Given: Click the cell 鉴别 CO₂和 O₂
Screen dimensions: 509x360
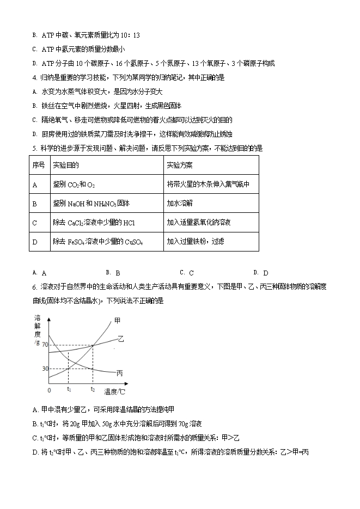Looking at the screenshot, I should click(x=74, y=185).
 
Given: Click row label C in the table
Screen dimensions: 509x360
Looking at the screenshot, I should click(x=35, y=222).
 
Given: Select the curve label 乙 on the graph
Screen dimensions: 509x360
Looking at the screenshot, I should click(x=121, y=339).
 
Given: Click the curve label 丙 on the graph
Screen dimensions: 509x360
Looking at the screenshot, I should click(x=120, y=373).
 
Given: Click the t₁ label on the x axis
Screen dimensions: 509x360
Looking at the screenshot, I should click(x=69, y=389).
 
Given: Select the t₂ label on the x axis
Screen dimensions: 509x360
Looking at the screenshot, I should click(x=93, y=389).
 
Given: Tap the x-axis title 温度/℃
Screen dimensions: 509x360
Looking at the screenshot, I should click(x=115, y=391).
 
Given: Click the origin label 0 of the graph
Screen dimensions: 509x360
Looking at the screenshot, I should click(x=49, y=390).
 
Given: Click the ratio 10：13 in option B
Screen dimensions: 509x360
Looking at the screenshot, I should click(x=130, y=35).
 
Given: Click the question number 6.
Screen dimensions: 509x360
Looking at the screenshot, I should click(x=34, y=286).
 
